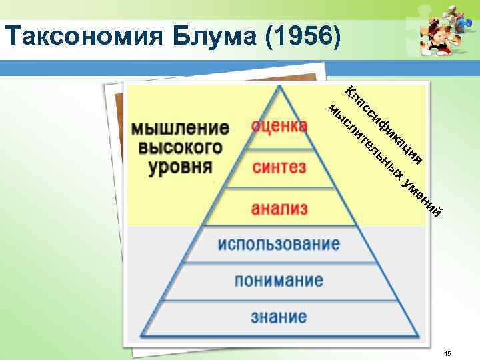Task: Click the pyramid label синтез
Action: pos(279,167)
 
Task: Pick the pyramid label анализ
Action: pos(279,209)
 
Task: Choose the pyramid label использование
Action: pos(279,244)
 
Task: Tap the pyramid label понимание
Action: pos(279,280)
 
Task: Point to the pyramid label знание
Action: pos(279,316)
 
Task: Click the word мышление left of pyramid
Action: pos(179,127)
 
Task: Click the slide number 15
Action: pos(448,352)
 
